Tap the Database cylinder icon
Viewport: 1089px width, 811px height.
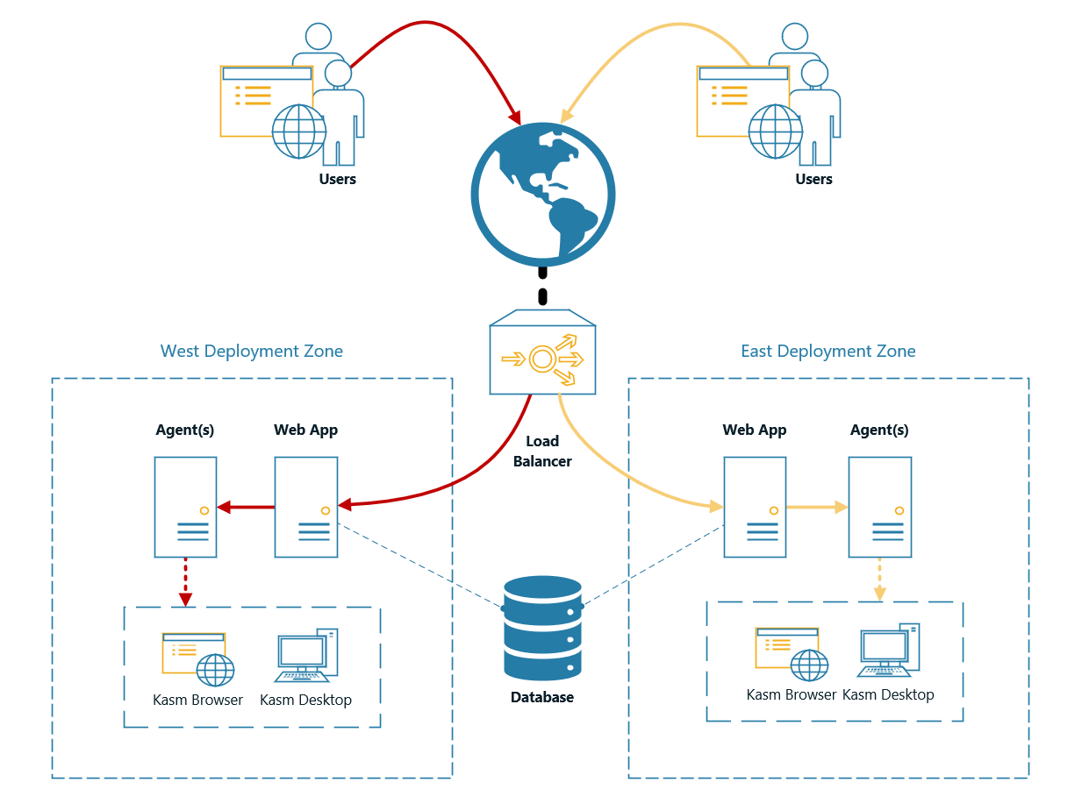pyautogui.click(x=542, y=628)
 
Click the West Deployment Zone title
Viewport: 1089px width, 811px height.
pyautogui.click(x=252, y=352)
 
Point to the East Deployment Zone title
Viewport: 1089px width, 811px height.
pyautogui.click(x=827, y=352)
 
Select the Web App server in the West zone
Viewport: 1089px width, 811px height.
pyautogui.click(x=306, y=507)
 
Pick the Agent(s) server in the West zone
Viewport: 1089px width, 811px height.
pyautogui.click(x=185, y=507)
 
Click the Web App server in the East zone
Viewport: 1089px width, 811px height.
pyautogui.click(x=755, y=507)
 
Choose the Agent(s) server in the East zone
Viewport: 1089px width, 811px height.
pyautogui.click(x=879, y=507)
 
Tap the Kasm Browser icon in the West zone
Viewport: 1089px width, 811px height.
pyautogui.click(x=198, y=658)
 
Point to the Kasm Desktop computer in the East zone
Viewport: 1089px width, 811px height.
pyautogui.click(x=888, y=651)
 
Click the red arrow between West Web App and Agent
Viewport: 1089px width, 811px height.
pyautogui.click(x=247, y=506)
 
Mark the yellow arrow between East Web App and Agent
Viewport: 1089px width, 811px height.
pyautogui.click(x=816, y=507)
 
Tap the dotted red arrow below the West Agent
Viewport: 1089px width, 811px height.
pyautogui.click(x=185, y=582)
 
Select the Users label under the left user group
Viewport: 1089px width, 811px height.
pyautogui.click(x=338, y=179)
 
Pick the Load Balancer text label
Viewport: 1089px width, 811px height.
pyautogui.click(x=542, y=452)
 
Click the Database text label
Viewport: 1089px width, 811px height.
pyautogui.click(x=542, y=698)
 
